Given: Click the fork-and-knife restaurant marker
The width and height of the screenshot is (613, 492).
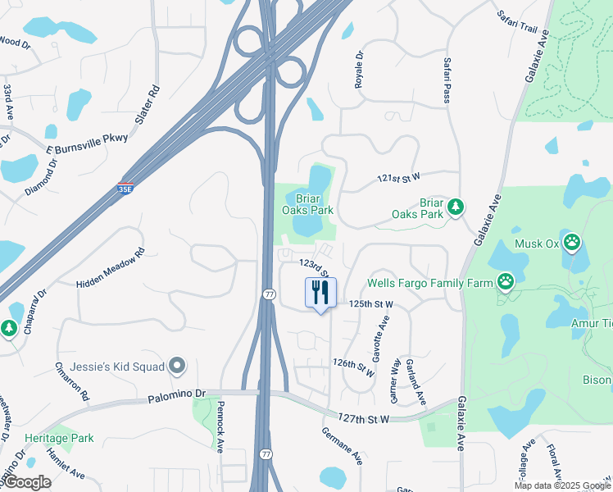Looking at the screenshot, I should coord(320,293).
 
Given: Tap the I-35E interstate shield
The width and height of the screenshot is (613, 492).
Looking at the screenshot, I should coord(125,188).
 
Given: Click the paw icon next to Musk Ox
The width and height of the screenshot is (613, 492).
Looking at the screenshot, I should coord(572,243).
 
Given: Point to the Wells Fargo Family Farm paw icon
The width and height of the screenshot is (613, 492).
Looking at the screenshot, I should coord(507,283).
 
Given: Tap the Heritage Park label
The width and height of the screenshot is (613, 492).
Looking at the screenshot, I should coord(59,438).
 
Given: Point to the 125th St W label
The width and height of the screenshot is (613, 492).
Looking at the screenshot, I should coord(371,303).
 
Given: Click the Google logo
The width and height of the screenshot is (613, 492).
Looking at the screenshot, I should coord(28,482).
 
